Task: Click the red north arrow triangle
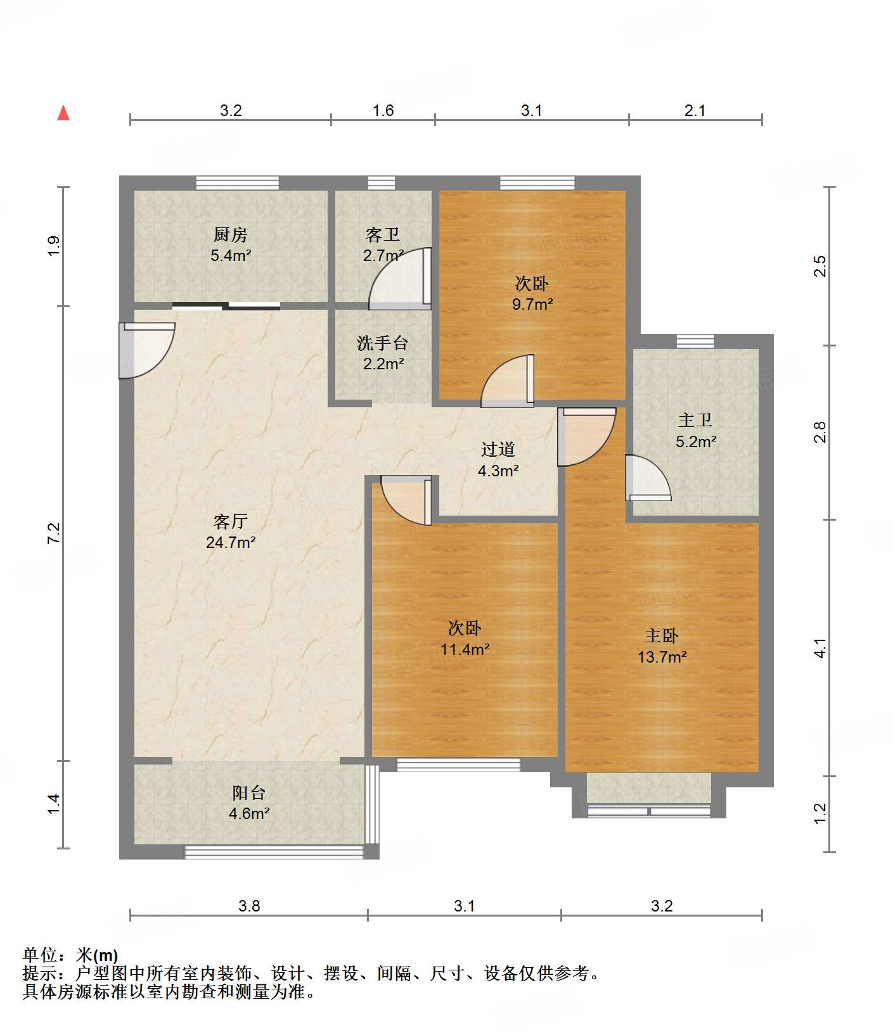click(63, 113)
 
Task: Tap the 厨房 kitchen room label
click(230, 235)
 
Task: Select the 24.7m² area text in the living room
click(231, 542)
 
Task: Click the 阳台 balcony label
click(248, 792)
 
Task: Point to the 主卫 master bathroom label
click(695, 420)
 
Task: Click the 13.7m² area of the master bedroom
click(662, 657)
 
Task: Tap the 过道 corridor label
click(498, 449)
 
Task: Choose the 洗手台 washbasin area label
click(382, 343)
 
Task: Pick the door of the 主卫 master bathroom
click(646, 478)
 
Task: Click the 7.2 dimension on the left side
click(55, 533)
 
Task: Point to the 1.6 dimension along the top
click(383, 111)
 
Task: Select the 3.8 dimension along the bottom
click(249, 906)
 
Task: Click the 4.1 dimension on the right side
click(820, 648)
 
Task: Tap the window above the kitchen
click(237, 183)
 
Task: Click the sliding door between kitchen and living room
click(226, 307)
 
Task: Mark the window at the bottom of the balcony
click(274, 853)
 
